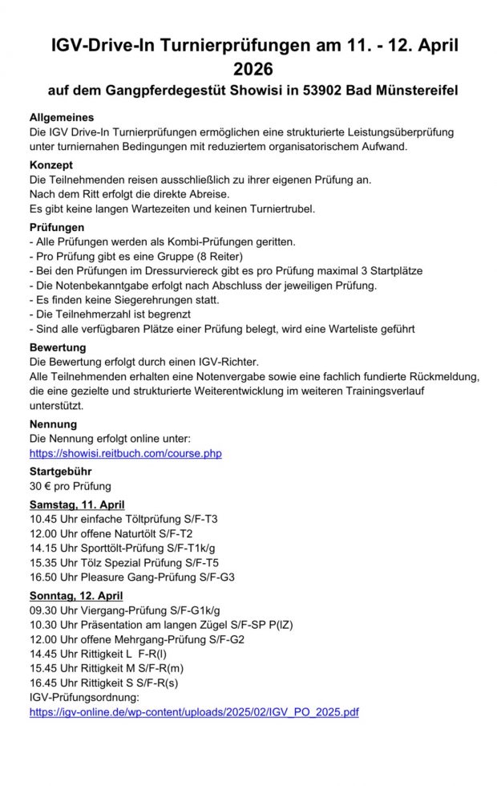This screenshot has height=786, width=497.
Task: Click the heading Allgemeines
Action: tap(62, 117)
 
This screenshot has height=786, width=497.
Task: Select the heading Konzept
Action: tap(51, 164)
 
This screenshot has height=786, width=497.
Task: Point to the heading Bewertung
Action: tap(59, 349)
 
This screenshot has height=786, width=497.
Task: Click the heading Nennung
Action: tap(54, 424)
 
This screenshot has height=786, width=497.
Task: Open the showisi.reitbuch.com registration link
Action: tap(125, 454)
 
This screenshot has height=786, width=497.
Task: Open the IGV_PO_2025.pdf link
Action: tap(194, 711)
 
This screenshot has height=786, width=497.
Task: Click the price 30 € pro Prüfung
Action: tap(71, 486)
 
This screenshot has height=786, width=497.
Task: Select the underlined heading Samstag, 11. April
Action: tap(77, 504)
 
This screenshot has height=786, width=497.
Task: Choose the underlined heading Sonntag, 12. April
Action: tap(76, 596)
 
